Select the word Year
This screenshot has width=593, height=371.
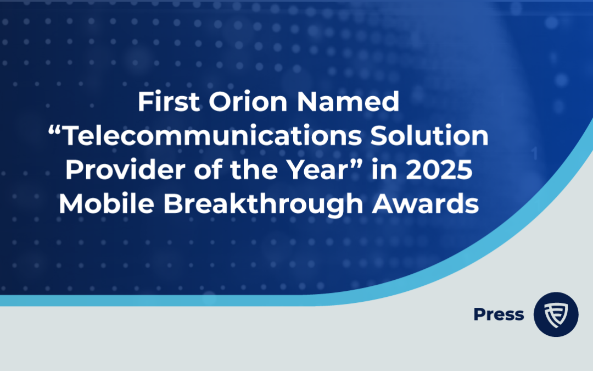pyautogui.click(x=316, y=170)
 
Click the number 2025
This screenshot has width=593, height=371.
pyautogui.click(x=440, y=170)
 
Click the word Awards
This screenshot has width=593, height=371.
pyautogui.click(x=424, y=204)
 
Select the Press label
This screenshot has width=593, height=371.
pyautogui.click(x=498, y=314)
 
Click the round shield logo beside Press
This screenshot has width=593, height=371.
pyautogui.click(x=556, y=314)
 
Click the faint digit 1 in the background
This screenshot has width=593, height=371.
pyautogui.click(x=535, y=154)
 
